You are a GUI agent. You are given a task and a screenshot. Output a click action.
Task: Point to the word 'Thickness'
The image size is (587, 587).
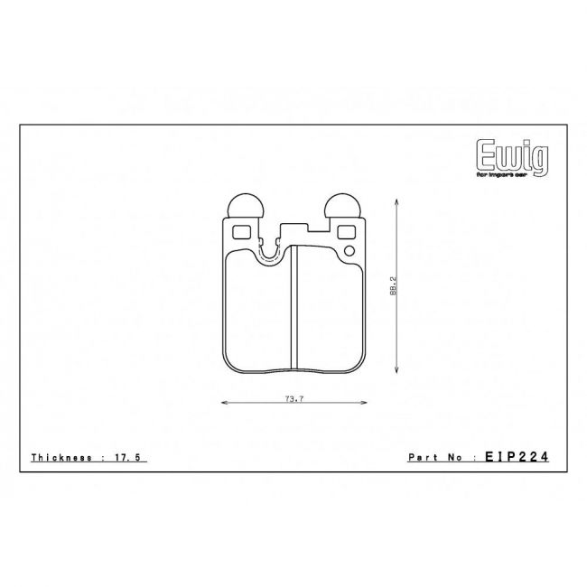(x=61, y=459)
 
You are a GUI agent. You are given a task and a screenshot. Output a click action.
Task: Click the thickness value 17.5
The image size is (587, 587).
(x=131, y=459)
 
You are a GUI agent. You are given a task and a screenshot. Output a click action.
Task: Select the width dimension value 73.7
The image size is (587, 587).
(x=291, y=397)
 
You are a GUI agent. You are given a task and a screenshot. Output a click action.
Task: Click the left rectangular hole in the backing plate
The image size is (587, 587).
(x=239, y=232)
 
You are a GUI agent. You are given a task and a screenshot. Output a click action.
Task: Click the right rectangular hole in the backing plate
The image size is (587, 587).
(x=345, y=232)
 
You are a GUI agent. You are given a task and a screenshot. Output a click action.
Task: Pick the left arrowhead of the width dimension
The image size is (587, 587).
(x=223, y=404)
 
